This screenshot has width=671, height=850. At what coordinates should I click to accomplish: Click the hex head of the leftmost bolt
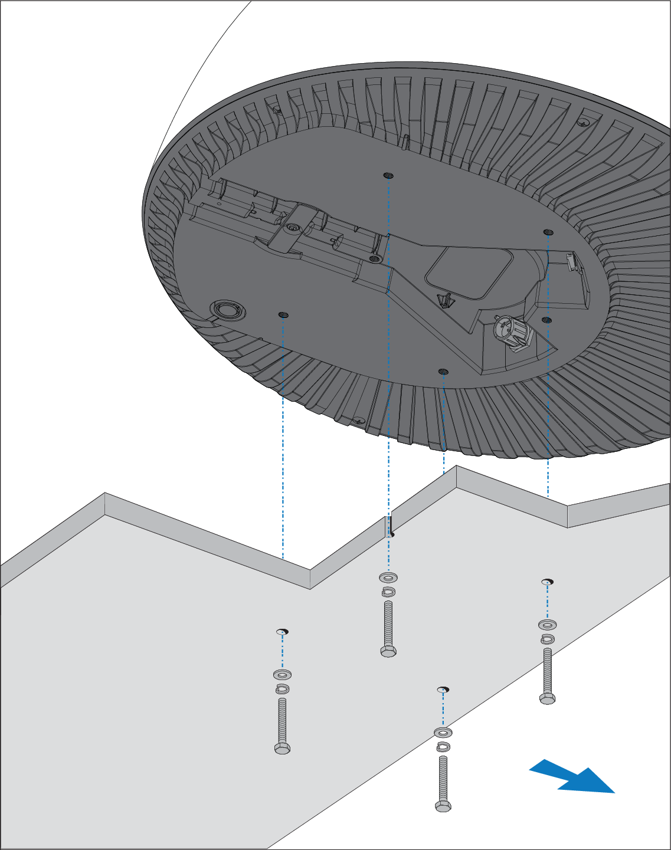click(282, 748)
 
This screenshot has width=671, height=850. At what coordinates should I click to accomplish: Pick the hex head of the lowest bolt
click(443, 806)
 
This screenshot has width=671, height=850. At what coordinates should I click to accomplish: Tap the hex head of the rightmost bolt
click(547, 698)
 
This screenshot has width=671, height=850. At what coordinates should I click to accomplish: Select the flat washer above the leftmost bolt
click(283, 674)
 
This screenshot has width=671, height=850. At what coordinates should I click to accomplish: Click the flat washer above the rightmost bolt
click(548, 624)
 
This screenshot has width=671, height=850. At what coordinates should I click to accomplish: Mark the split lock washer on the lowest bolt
click(443, 747)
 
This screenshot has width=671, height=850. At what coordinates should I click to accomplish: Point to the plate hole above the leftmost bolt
click(283, 632)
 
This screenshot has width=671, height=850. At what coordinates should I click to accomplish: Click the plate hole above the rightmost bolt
click(548, 582)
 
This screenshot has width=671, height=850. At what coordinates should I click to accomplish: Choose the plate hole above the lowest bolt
click(443, 689)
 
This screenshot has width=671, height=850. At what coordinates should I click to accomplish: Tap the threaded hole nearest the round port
click(283, 314)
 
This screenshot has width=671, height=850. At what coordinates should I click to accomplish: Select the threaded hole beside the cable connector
click(546, 320)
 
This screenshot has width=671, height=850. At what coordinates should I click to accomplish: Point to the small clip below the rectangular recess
click(445, 300)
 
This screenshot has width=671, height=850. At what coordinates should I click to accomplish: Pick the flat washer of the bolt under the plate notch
click(388, 577)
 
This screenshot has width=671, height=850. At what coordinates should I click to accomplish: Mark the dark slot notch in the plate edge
click(389, 526)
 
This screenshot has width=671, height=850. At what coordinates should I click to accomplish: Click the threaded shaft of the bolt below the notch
click(388, 623)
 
